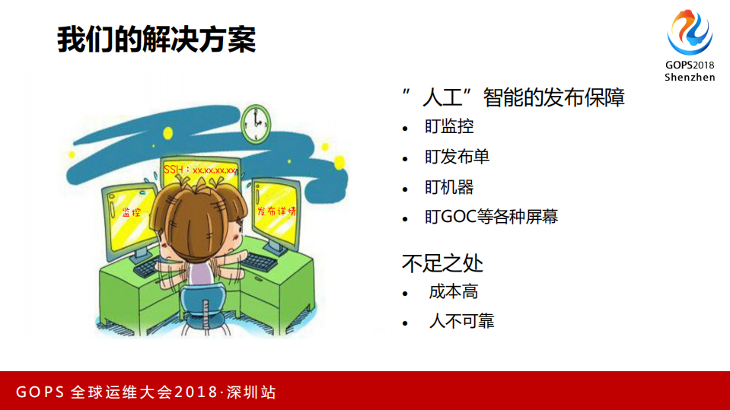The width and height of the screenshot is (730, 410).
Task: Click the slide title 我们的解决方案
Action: [x=156, y=40]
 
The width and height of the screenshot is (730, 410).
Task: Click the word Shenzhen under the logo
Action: [x=690, y=78]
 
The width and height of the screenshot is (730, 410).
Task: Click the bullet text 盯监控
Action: [x=449, y=127]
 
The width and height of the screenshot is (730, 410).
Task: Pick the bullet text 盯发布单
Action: [x=457, y=157]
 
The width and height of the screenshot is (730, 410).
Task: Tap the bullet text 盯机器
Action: [x=449, y=187]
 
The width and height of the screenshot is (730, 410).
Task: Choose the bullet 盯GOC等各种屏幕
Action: [x=491, y=217]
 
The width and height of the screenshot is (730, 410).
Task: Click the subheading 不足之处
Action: [x=442, y=263]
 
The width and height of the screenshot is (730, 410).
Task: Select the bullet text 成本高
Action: [x=453, y=292]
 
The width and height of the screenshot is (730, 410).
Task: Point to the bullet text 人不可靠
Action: [x=461, y=321]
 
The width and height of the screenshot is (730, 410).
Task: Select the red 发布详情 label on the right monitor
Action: [x=276, y=211]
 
